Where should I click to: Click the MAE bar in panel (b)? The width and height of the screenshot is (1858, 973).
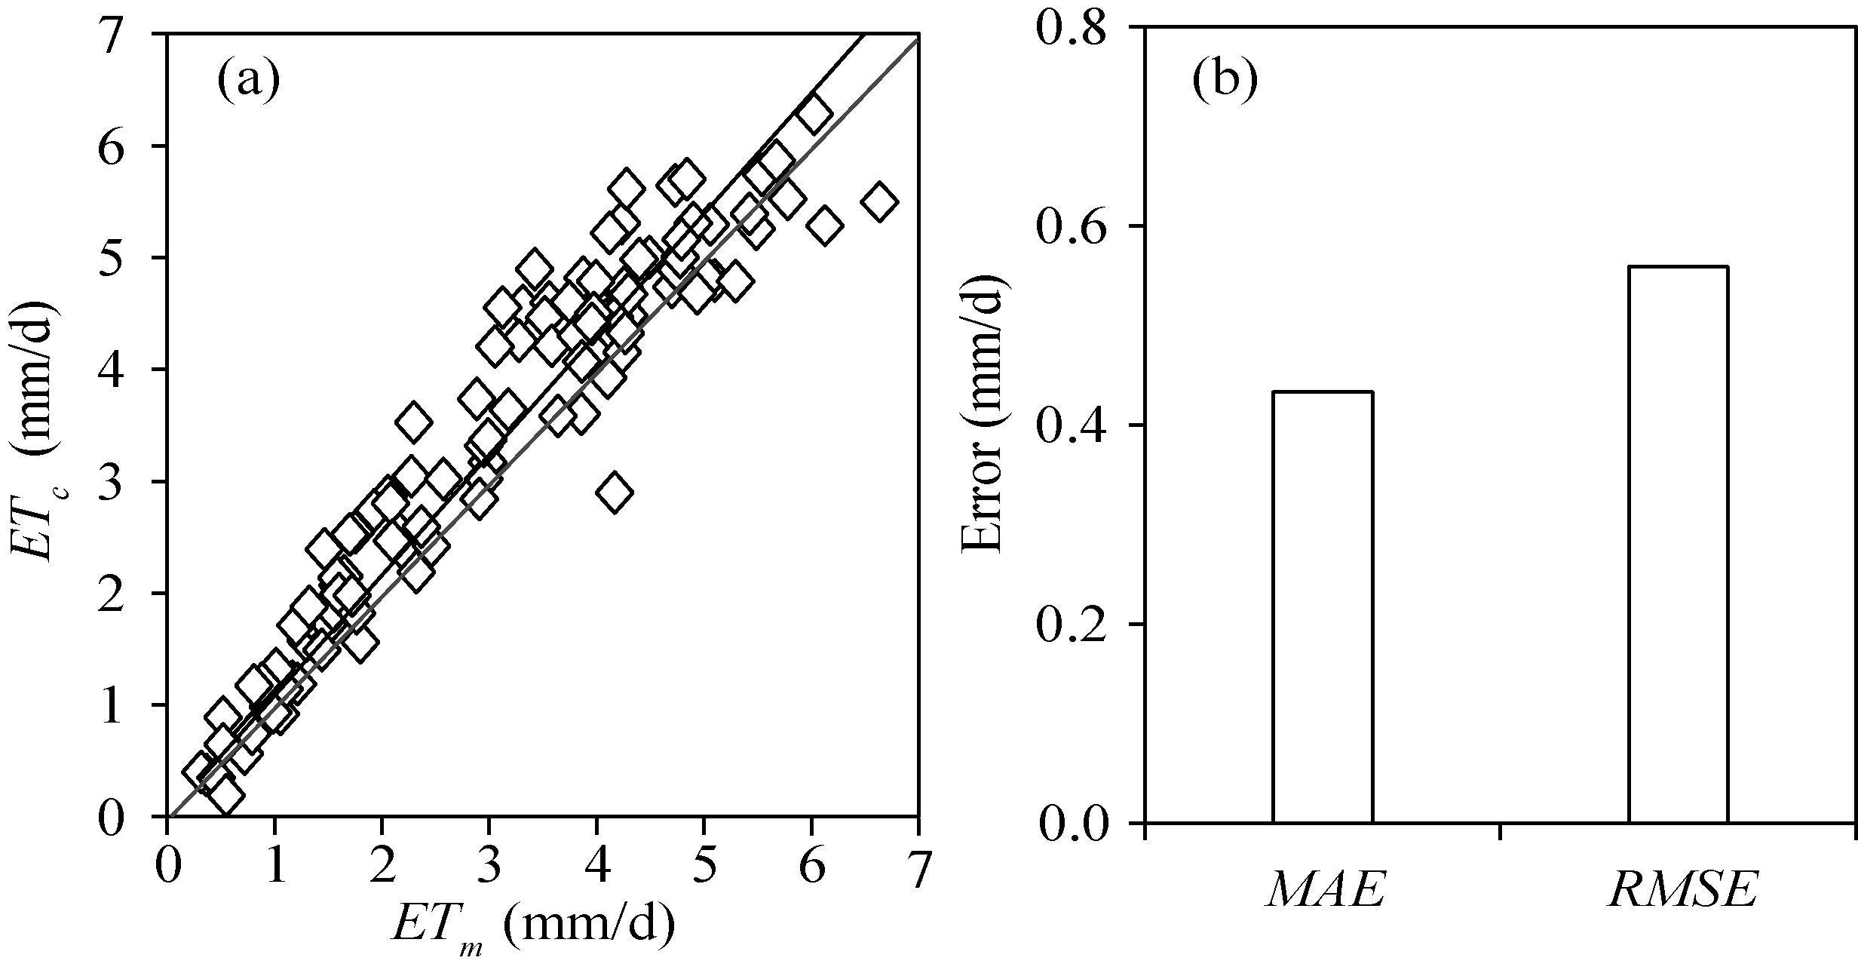pos(1323,606)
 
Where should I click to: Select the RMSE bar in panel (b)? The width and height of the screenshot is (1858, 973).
pos(1679,544)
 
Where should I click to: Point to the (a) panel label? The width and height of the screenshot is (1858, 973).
pos(248,81)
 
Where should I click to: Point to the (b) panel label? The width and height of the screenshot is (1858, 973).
pos(1225,81)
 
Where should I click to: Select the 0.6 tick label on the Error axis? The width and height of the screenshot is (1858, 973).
pos(1073,227)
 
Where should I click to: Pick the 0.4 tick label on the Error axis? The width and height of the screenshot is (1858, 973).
pos(1073,426)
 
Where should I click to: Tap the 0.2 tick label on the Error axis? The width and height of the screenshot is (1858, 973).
pos(1073,625)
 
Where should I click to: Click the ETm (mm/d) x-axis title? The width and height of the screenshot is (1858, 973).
pos(532,925)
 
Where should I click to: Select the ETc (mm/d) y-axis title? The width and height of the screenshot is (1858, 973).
pos(34,430)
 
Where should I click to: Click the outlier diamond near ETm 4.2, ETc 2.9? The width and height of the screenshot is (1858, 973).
pos(615,493)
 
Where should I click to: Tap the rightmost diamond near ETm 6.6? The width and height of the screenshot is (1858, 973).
pos(878,201)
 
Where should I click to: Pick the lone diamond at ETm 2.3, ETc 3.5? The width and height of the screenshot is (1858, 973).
pos(412,422)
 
